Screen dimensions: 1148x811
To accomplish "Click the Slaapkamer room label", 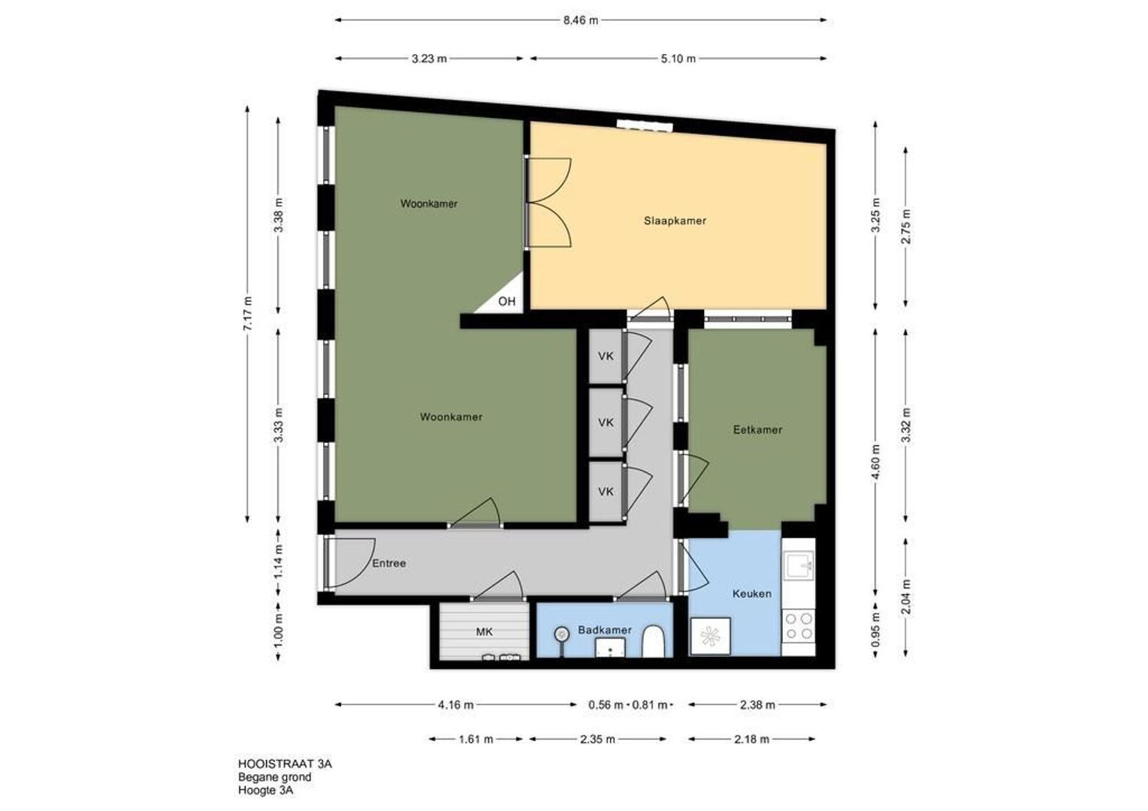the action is pyautogui.click(x=675, y=221).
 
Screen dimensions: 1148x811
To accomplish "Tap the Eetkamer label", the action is pyautogui.click(x=757, y=430).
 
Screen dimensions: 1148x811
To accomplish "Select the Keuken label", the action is pyautogui.click(x=752, y=594).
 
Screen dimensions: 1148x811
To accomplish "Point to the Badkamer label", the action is pyautogui.click(x=605, y=630).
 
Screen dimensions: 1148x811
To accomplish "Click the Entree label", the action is pyautogui.click(x=389, y=563).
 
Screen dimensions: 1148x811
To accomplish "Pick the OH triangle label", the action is pyautogui.click(x=507, y=301).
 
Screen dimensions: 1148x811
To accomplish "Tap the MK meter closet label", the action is pyautogui.click(x=485, y=632).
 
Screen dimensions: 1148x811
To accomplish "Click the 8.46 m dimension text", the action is pyautogui.click(x=581, y=20).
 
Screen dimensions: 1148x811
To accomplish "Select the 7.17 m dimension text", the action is pyautogui.click(x=248, y=314).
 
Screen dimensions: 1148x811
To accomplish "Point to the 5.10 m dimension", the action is pyautogui.click(x=678, y=59).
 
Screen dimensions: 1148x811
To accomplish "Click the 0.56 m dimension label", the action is pyautogui.click(x=606, y=705).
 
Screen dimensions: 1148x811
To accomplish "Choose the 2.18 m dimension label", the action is pyautogui.click(x=752, y=739).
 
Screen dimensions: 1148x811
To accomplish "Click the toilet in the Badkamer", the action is pyautogui.click(x=654, y=641).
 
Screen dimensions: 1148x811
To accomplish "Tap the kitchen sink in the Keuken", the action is pyautogui.click(x=799, y=565).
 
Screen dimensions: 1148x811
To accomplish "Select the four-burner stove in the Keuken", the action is pyautogui.click(x=799, y=626).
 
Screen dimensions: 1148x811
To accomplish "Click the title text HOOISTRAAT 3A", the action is pyautogui.click(x=285, y=764).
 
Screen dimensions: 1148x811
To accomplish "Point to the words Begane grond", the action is pyautogui.click(x=275, y=777).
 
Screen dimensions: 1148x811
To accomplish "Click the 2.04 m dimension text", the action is pyautogui.click(x=906, y=597).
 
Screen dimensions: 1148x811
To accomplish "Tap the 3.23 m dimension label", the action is pyautogui.click(x=429, y=59).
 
